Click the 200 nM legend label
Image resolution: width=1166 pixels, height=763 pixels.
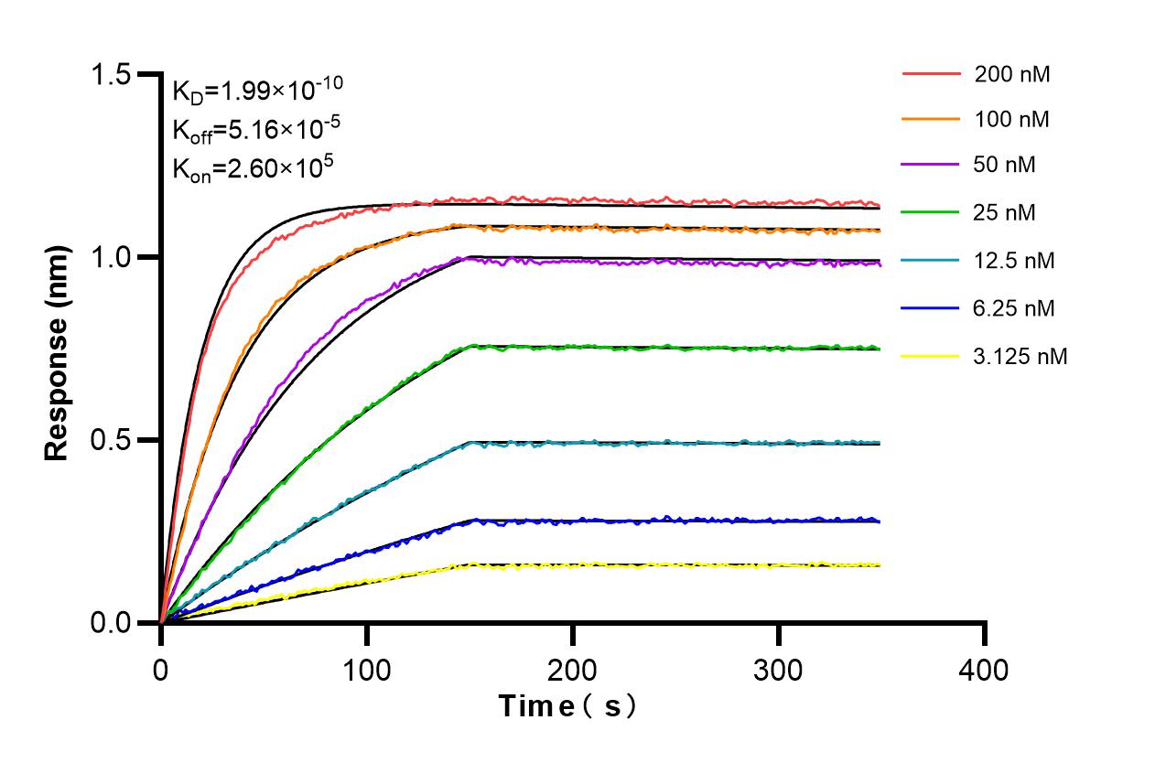point(1012,75)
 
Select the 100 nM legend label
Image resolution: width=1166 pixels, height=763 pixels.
point(1012,119)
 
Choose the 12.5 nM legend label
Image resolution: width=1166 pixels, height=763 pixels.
point(1015,261)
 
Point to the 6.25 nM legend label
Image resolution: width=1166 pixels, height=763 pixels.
point(1015,308)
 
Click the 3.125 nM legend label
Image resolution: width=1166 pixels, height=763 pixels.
point(1020,356)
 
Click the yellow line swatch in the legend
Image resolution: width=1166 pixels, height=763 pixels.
point(931,356)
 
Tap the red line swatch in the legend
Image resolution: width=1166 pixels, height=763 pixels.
point(931,74)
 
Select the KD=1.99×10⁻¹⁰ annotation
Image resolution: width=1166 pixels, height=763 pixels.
point(257,90)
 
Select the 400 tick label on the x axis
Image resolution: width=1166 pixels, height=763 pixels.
point(984,671)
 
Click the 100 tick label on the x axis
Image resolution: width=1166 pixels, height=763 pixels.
point(367,671)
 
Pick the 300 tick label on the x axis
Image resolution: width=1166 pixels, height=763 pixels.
point(778,671)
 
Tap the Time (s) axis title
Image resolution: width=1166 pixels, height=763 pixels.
point(567,706)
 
